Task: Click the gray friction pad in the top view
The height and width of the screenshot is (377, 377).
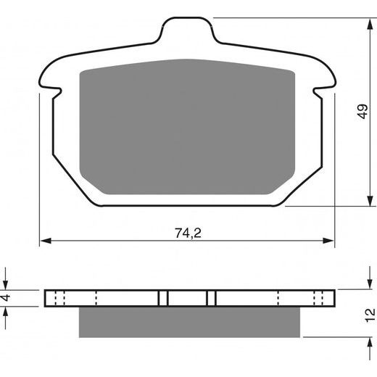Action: tap(187, 127)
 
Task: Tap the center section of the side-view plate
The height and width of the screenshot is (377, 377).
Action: tap(188, 298)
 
